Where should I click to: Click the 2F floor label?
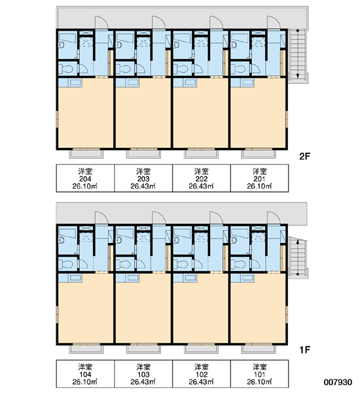pos(304,157)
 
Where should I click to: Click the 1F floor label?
pos(304,350)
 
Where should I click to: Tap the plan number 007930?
pos(338,382)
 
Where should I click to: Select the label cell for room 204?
pos(85,178)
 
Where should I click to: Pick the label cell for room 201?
pos(260,178)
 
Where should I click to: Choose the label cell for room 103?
pos(143,374)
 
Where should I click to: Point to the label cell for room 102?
pos(202,374)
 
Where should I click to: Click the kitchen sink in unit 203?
pos(133,83)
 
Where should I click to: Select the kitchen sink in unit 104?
pos(75,278)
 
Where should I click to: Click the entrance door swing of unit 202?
pos(217,22)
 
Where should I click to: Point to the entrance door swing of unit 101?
pos(274,218)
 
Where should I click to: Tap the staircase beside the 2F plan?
pos(298,55)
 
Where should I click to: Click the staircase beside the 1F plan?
pos(298,257)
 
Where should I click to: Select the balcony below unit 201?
pos(259,154)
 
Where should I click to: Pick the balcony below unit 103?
pos(143,349)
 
